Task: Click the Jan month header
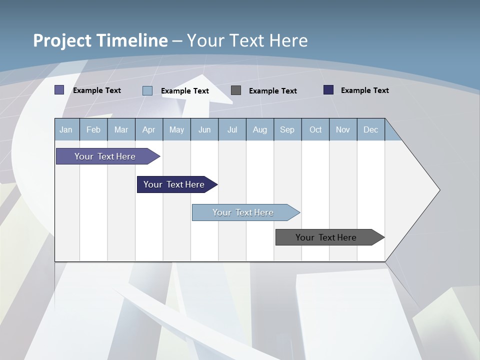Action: (x=66, y=129)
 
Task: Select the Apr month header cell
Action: (x=148, y=129)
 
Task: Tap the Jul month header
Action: (x=232, y=129)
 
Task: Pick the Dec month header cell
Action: (x=370, y=129)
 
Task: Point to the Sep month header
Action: (x=287, y=129)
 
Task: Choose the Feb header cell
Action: (x=93, y=129)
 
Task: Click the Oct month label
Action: (x=315, y=129)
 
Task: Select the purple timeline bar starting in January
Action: (x=105, y=156)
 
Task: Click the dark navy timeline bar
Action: (x=174, y=184)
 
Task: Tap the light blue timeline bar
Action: (x=243, y=212)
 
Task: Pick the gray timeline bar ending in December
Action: (x=326, y=237)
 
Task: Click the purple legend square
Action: (x=59, y=90)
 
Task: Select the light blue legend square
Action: (x=147, y=90)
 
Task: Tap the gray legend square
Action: (x=236, y=90)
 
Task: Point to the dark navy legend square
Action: (x=328, y=90)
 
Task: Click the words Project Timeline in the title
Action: (x=100, y=40)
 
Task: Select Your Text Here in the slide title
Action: (x=247, y=40)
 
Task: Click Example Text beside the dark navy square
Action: (x=364, y=90)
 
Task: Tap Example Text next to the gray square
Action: (x=272, y=91)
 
